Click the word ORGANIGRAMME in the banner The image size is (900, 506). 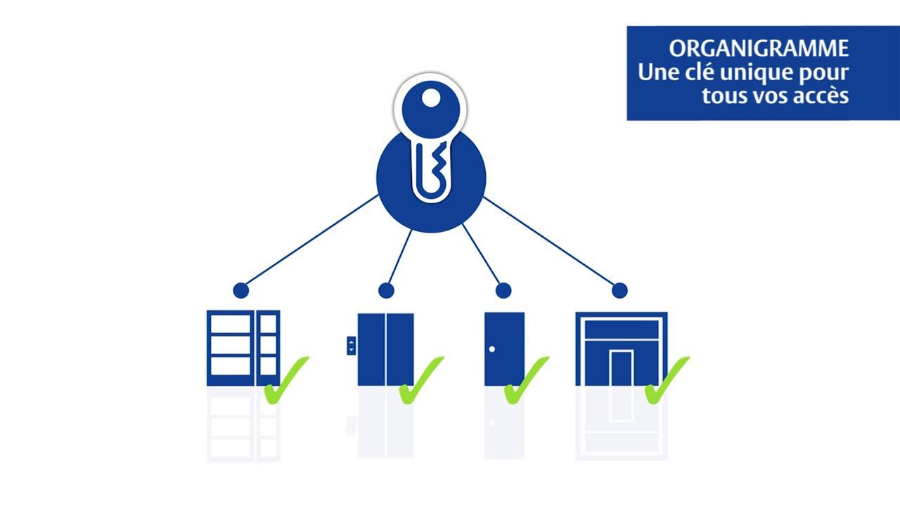coord(759,48)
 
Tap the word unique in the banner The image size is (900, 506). coord(757,72)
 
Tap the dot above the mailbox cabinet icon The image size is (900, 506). coord(241,290)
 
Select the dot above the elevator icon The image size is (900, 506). coord(386,290)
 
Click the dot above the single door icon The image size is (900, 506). coord(503,290)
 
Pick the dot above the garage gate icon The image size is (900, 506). coord(619,290)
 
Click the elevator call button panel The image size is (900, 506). coord(351,345)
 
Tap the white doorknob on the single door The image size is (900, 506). coord(492,349)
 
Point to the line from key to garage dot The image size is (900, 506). coord(552,242)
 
